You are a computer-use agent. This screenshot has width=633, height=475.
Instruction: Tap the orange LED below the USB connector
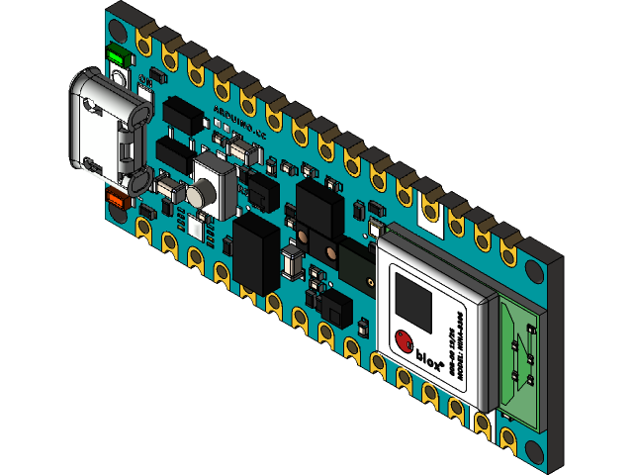pyautogui.click(x=116, y=200)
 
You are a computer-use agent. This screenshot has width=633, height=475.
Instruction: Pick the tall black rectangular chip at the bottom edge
pyautogui.click(x=256, y=253)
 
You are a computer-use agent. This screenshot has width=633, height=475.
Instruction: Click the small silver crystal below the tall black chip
pyautogui.click(x=293, y=263)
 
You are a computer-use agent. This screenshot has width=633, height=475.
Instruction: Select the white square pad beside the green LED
pyautogui.click(x=120, y=79)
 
